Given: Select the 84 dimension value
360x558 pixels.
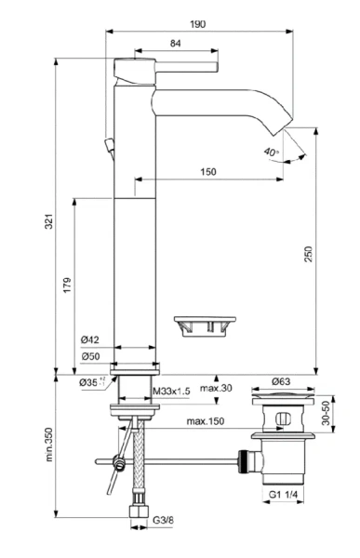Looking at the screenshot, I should click(x=175, y=43).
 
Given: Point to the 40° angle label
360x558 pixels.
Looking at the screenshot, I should click(x=270, y=152).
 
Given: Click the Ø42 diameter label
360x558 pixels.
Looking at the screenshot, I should click(x=90, y=340).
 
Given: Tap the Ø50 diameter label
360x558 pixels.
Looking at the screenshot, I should click(x=90, y=356).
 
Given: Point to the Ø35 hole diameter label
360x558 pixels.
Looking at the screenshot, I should click(x=88, y=381).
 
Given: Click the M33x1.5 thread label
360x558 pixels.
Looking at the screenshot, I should click(x=171, y=392).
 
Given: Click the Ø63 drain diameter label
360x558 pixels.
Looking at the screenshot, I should click(x=281, y=380).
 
